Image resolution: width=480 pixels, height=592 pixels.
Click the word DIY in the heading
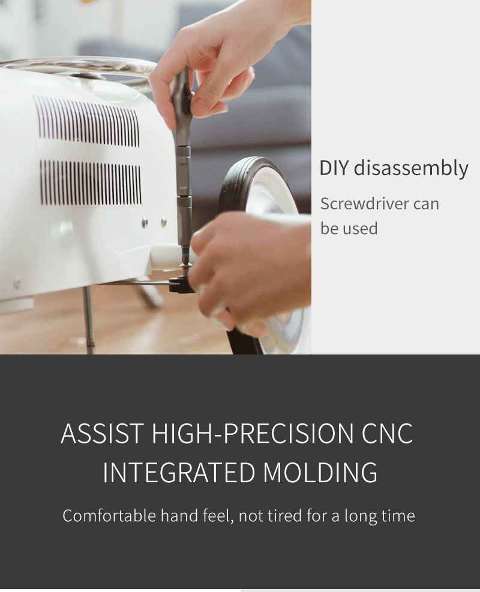coord(334,167)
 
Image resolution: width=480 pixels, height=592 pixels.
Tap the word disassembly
coord(411,169)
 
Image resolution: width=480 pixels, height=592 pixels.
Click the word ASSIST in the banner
coord(103,434)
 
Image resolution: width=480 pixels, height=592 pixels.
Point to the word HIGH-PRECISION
coord(252,434)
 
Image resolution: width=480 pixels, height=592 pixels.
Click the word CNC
coord(387,434)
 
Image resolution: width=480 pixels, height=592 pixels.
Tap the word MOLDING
coord(320,472)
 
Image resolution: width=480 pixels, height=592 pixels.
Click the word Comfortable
coord(109,516)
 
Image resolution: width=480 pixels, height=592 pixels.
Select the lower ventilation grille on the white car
coord(90,183)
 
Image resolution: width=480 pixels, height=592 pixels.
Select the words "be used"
coord(349,229)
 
